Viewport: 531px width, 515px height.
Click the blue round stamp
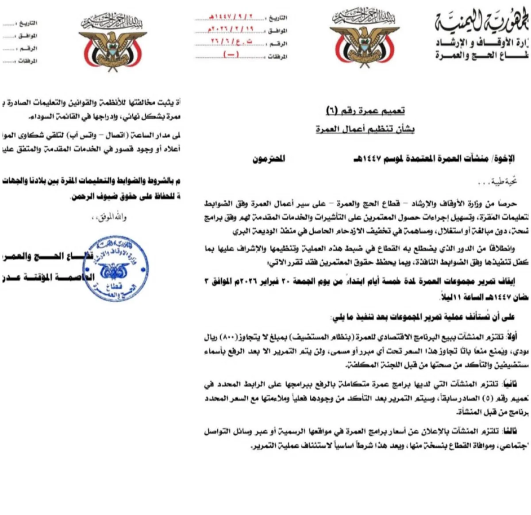115,269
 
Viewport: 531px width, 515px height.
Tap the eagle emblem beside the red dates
363,39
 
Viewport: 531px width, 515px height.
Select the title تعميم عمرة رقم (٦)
366,110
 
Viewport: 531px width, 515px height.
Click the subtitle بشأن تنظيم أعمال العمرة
365,129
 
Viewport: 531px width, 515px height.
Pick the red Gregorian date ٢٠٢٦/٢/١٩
230,30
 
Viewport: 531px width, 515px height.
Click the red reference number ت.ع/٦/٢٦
231,42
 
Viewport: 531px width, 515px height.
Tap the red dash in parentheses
231,54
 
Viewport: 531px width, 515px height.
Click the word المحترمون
269,158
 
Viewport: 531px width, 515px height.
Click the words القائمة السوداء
48,116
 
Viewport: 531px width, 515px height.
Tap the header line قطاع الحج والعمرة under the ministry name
482,55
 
